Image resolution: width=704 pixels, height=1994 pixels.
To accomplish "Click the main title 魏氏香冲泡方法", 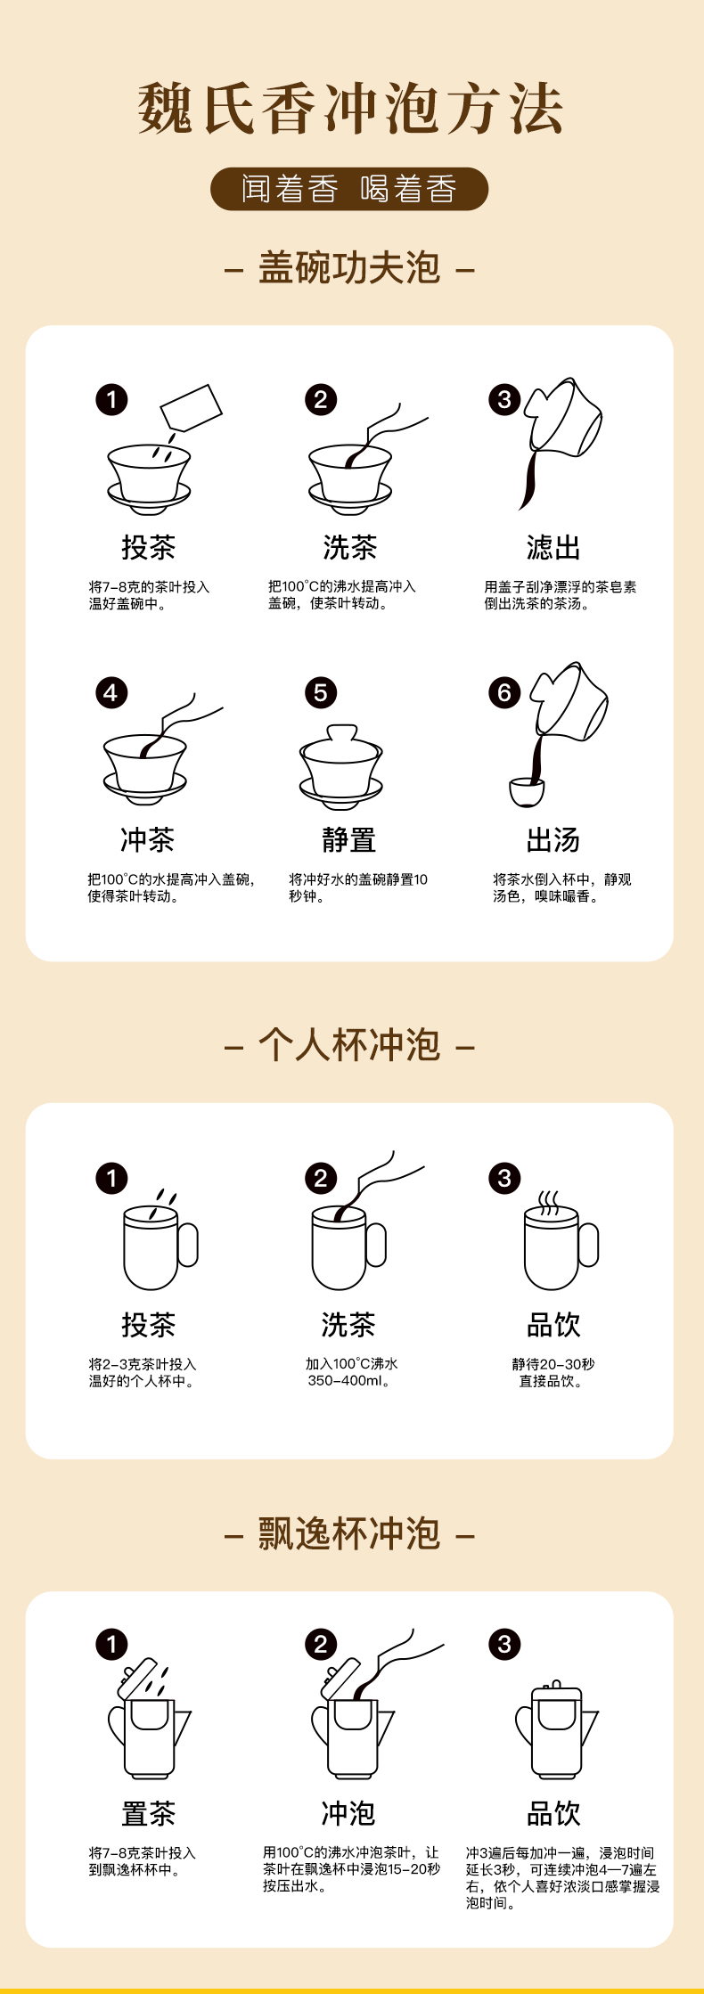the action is [x=350, y=109].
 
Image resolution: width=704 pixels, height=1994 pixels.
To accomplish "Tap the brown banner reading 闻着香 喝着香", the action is [x=349, y=189].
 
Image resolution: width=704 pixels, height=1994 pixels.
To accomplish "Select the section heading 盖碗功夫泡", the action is [x=349, y=268].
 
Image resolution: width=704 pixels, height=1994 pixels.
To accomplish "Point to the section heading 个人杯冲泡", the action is [x=349, y=1045].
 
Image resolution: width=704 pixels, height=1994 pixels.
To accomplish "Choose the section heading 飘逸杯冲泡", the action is [x=349, y=1533].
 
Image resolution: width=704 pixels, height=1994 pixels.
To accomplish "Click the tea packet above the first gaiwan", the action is [x=191, y=408].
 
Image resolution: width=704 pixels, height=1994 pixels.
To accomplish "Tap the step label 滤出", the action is [x=553, y=547].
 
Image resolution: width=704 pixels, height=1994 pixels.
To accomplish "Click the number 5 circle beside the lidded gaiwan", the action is [x=321, y=692].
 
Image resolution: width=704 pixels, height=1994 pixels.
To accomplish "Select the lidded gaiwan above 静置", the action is [x=341, y=767].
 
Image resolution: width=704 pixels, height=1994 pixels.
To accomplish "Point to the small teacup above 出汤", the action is [x=527, y=792].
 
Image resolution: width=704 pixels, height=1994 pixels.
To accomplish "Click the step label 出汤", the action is [x=553, y=839].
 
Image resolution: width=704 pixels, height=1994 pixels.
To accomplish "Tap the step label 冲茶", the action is [x=148, y=839].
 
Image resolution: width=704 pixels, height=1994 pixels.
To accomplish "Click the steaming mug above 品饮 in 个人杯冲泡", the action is [x=561, y=1240].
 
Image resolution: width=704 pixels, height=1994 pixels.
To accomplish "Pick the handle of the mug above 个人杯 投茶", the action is [x=188, y=1245].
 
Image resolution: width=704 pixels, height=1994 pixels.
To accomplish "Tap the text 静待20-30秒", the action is [x=553, y=1364].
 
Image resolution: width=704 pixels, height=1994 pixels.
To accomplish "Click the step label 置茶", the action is [x=148, y=1813].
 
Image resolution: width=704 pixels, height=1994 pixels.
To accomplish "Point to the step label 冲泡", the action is [x=348, y=1813].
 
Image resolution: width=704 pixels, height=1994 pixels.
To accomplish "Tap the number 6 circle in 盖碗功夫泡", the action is [x=504, y=692].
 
